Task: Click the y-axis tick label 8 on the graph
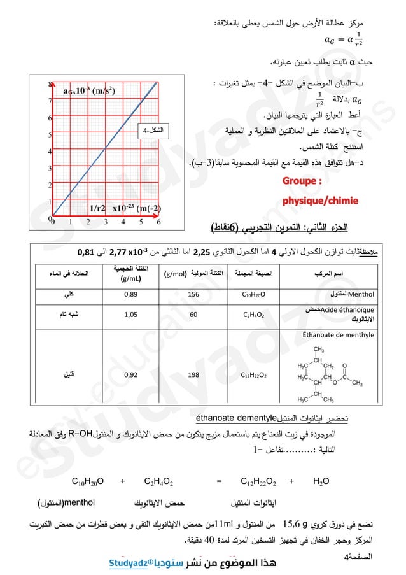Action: click(50, 84)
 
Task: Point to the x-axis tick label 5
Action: click(141, 223)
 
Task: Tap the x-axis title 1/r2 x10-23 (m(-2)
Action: click(125, 208)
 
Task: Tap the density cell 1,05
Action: click(130, 314)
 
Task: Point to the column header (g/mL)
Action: click(130, 279)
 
